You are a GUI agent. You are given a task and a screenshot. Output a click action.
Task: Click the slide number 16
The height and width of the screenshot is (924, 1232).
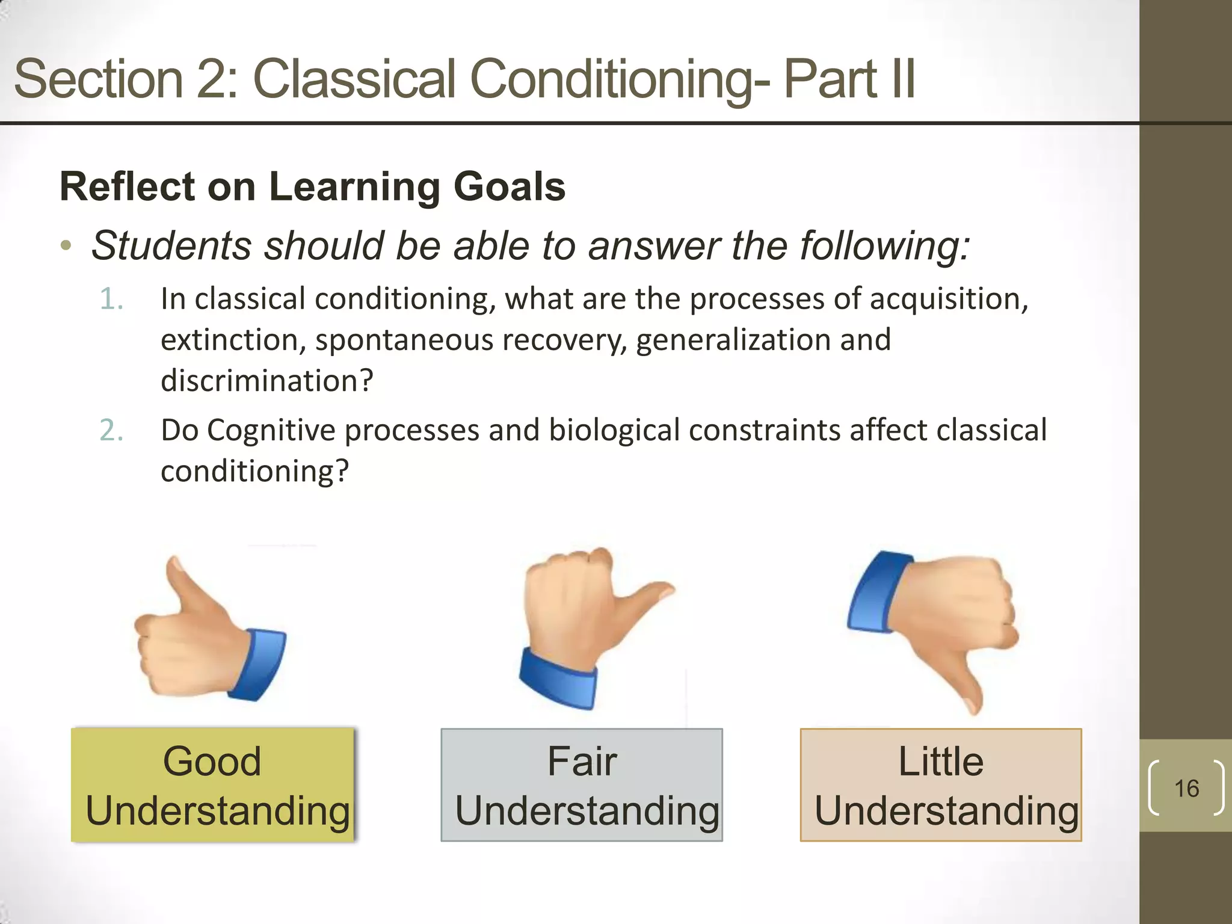1186,788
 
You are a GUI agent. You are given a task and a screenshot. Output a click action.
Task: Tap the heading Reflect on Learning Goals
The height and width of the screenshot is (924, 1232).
312,186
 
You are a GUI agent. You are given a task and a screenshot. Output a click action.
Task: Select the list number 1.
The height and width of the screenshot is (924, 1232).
111,299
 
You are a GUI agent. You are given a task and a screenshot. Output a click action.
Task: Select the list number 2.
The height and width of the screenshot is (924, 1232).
111,430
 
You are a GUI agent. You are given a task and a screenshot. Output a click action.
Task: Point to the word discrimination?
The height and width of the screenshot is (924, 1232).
267,381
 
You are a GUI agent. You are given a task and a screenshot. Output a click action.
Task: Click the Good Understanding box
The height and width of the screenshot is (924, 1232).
213,784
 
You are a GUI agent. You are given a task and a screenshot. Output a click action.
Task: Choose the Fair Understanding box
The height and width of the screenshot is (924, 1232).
581,784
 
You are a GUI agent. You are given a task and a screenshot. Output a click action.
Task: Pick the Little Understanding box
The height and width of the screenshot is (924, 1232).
940,784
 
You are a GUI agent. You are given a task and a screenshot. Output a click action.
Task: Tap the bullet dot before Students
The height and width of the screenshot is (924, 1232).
66,246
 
